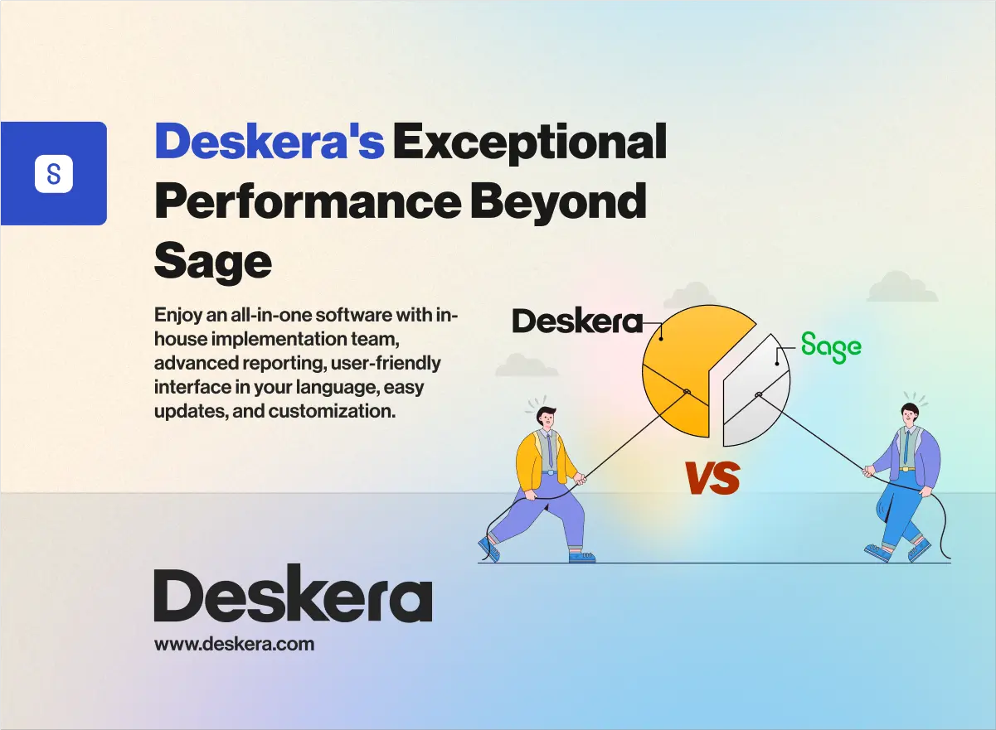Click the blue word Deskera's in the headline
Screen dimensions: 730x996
click(270, 143)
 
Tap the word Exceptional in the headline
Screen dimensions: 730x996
click(530, 143)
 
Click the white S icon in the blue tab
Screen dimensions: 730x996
click(54, 174)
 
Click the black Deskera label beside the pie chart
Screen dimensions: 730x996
click(577, 321)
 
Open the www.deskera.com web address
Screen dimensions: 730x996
click(235, 643)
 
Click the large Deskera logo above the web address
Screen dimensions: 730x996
click(293, 595)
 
